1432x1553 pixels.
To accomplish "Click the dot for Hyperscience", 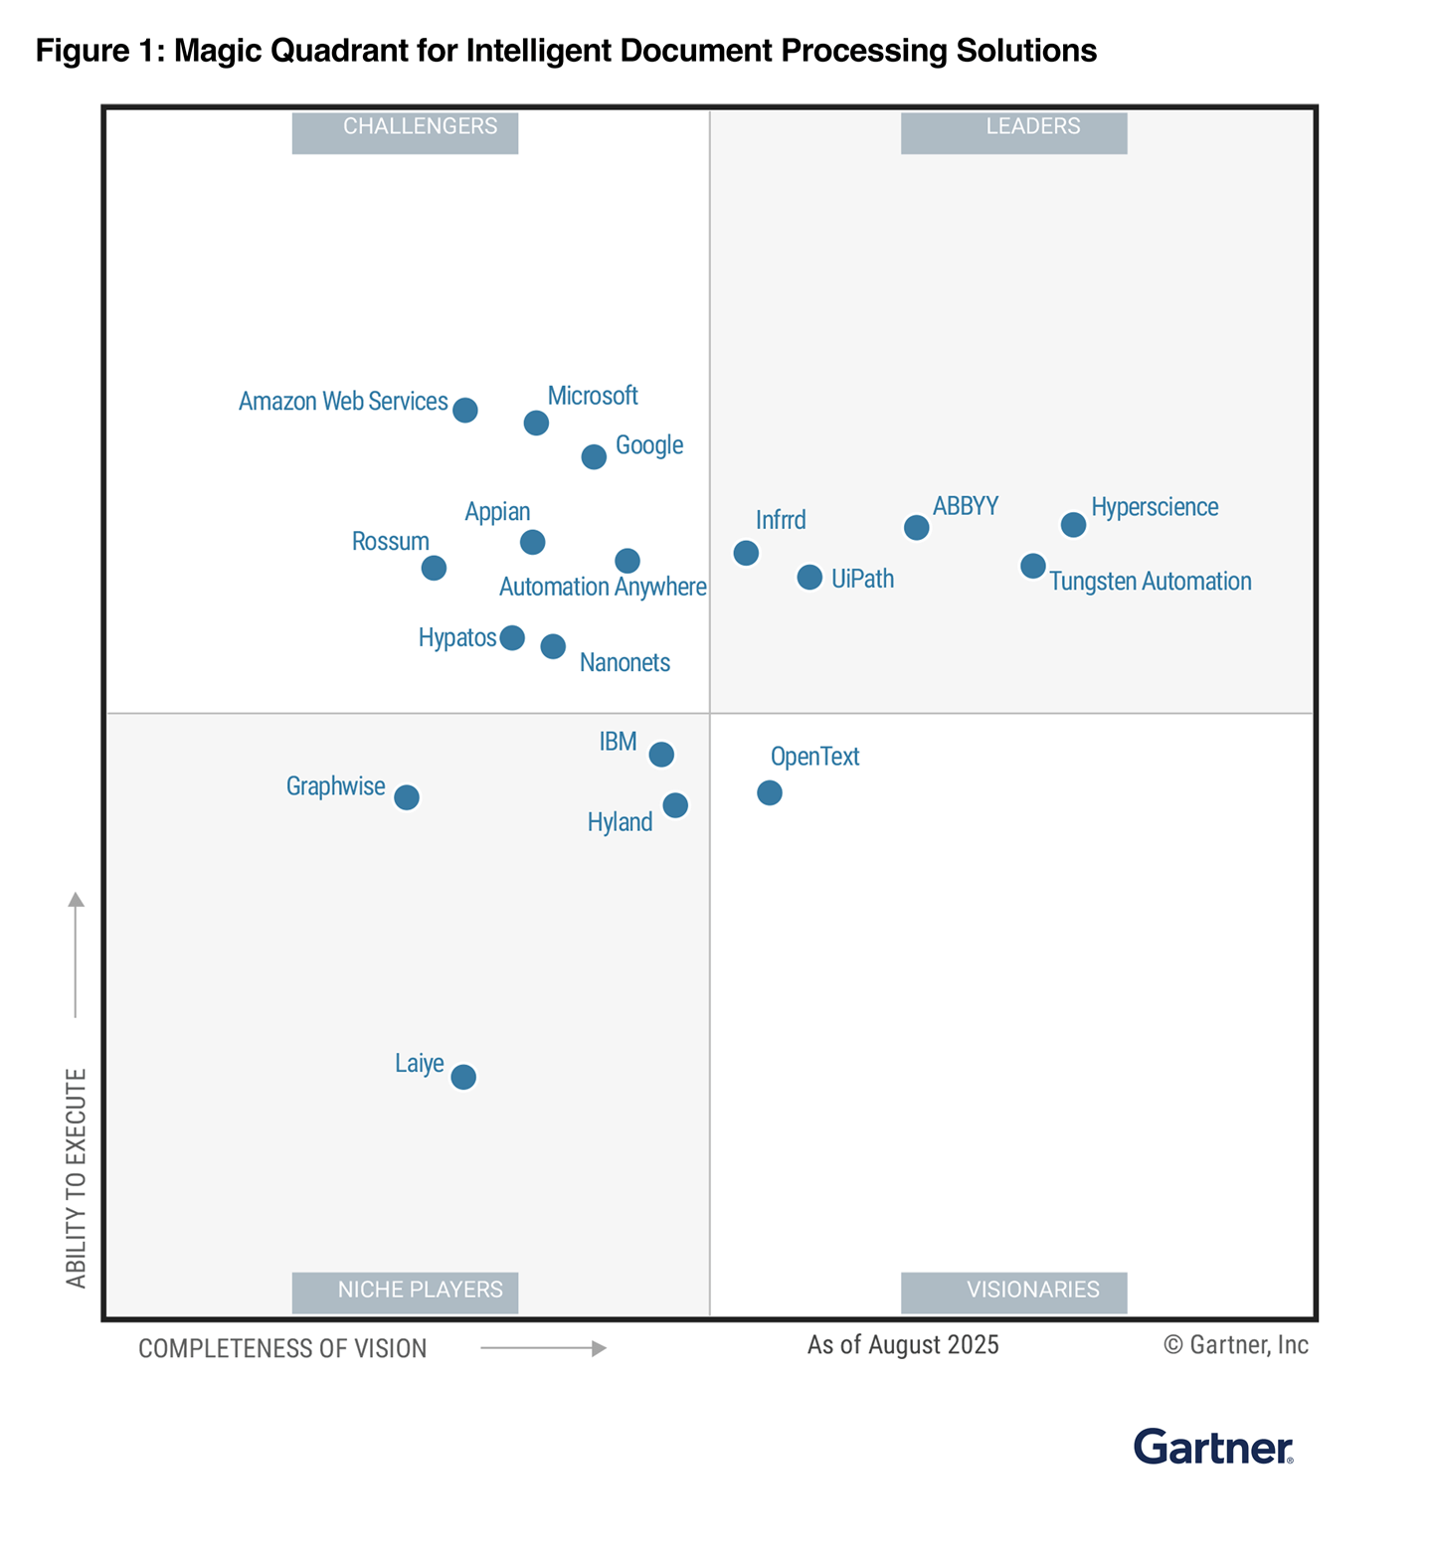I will [1073, 524].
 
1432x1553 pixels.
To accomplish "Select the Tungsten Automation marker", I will [1033, 566].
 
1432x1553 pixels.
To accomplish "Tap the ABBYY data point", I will [916, 527].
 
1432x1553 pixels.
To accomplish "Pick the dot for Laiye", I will [463, 1077].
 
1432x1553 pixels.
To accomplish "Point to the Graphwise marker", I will [406, 797].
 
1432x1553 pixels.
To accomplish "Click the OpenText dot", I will [769, 792].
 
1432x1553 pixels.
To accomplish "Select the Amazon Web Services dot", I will [464, 410].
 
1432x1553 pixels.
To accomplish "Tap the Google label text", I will [648, 444].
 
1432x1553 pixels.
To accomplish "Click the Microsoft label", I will [592, 396].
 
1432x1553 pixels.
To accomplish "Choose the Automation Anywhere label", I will [603, 587].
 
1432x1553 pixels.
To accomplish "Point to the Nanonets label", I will [625, 662].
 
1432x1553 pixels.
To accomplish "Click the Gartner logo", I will [1213, 1448].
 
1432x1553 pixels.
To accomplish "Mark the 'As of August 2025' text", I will [902, 1345].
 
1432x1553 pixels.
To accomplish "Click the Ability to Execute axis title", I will [77, 1178].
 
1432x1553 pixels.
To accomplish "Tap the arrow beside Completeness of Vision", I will [543, 1348].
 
